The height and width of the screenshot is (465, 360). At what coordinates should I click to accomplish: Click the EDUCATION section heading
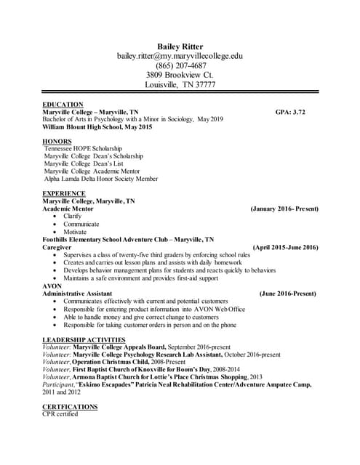tap(63, 105)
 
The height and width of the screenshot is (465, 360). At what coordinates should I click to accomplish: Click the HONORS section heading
tap(57, 140)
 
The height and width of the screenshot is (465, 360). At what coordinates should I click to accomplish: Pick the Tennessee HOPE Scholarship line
tap(84, 148)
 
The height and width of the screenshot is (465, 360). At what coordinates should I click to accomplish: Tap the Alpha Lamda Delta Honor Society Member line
tap(100, 178)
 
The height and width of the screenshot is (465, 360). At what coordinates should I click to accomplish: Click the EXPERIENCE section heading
tap(64, 193)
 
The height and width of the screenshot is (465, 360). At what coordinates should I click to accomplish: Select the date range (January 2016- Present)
tap(284, 209)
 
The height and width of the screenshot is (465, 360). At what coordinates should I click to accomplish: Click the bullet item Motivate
tap(75, 232)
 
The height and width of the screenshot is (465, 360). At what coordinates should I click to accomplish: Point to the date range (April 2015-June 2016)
tap(285, 247)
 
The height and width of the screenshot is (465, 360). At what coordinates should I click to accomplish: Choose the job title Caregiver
tap(58, 247)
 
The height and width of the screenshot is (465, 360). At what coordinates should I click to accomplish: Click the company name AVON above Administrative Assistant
tap(52, 286)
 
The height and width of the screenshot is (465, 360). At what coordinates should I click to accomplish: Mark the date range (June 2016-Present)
tap(288, 294)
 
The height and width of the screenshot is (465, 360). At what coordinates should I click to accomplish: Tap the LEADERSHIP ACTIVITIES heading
tap(84, 339)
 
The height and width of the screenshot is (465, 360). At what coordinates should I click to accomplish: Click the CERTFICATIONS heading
tap(71, 407)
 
